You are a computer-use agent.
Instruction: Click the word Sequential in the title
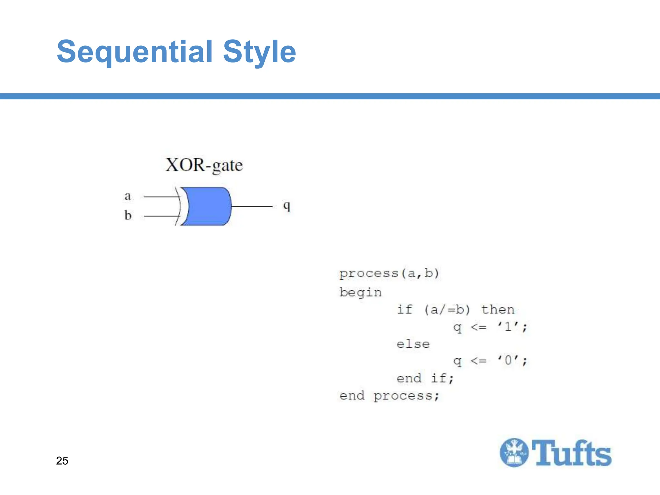pos(135,52)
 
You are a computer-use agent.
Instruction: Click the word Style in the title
pos(259,52)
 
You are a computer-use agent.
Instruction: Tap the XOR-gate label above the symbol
pos(204,165)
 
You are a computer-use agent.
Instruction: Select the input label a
pos(128,196)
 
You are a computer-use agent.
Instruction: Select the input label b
pos(128,215)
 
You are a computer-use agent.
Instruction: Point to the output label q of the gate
pos(286,206)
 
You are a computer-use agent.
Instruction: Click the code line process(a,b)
pos(389,274)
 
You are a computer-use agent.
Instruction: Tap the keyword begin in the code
pos(360,293)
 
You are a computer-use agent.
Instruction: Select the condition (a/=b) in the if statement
pos(447,310)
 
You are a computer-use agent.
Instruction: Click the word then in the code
pos(498,310)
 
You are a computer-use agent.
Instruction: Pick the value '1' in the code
pos(508,327)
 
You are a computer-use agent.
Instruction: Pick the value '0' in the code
pos(508,360)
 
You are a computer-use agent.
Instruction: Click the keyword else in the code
pos(413,344)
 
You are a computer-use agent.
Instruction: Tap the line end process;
pos(389,396)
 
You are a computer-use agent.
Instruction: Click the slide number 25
pos(62,461)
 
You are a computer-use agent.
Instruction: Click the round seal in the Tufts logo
pos(514,452)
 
